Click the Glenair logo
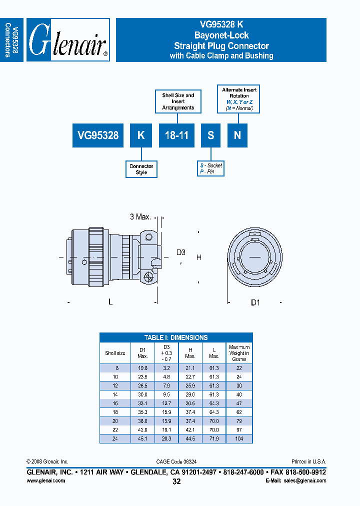tap(67, 40)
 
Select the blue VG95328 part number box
tap(98, 135)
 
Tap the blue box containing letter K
tap(141, 135)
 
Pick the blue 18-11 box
tap(176, 135)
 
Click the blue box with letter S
tap(211, 135)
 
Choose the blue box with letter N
tap(237, 135)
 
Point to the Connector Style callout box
tap(141, 169)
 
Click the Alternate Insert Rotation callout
tap(239, 98)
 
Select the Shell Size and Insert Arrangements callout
tap(178, 101)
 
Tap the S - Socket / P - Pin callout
tap(210, 168)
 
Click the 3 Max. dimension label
tap(140, 217)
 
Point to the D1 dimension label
tap(255, 302)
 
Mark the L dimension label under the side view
tap(110, 301)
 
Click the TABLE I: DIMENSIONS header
tap(176, 337)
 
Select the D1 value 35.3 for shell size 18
tap(142, 412)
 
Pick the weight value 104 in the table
tap(239, 438)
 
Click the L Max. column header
tap(214, 353)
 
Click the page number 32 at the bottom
tap(176, 481)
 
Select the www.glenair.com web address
tap(45, 480)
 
